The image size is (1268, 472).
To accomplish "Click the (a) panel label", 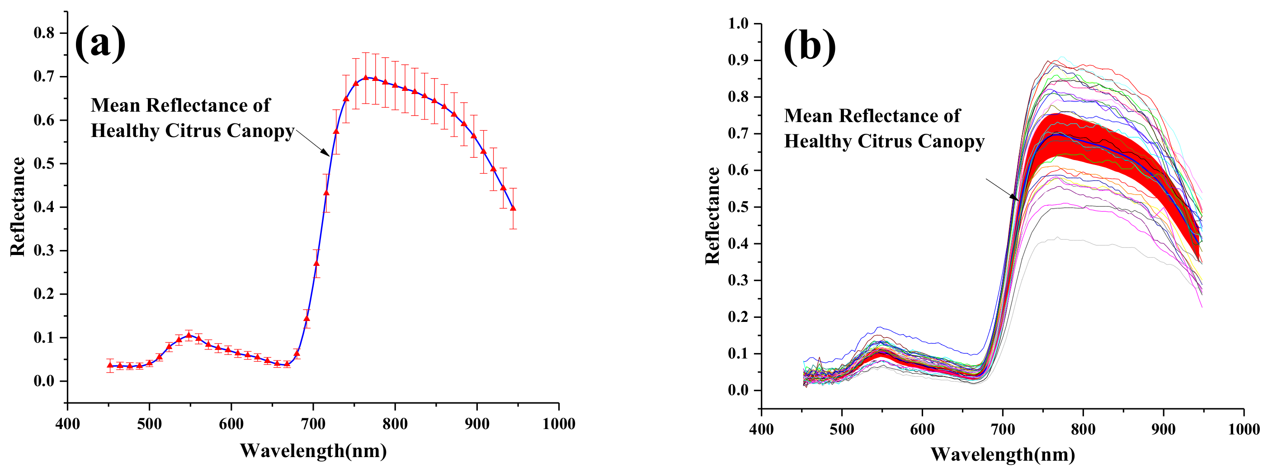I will coord(100,43).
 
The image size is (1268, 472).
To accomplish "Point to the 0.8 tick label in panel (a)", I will coord(44,33).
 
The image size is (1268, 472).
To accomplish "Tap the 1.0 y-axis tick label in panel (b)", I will coord(738,23).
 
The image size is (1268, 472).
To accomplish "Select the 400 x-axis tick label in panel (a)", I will coord(67,424).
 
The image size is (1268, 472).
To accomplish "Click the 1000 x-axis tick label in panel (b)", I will coord(1244,429).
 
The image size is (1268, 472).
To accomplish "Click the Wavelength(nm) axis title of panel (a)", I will coord(313,450).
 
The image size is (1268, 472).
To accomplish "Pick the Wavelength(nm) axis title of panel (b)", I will coord(1003,454).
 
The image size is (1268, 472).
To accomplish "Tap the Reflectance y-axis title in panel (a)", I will coord(18,207).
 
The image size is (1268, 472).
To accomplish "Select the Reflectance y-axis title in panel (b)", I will coord(712,216).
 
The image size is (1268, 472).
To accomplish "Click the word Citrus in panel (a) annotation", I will coord(193,131).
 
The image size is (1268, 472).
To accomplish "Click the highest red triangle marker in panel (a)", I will coord(366,78).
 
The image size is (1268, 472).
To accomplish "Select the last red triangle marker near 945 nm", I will coord(513,208).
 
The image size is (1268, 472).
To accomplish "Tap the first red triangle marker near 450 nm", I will coord(110,365).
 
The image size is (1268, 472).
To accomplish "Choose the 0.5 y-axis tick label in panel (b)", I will coord(738,207).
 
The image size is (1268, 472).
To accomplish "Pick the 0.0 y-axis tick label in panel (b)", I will coord(738,390).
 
